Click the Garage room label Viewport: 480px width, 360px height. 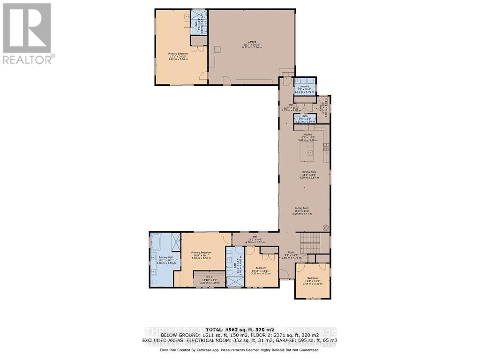tap(251, 45)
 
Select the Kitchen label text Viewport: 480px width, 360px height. tap(307, 137)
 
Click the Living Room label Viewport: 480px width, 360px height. tap(302, 210)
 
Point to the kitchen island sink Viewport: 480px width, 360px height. tap(309, 152)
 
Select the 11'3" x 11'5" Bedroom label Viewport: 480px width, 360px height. tap(312, 281)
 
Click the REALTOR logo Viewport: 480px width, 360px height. tap(28, 33)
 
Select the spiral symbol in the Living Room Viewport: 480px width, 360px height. tap(325, 228)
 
